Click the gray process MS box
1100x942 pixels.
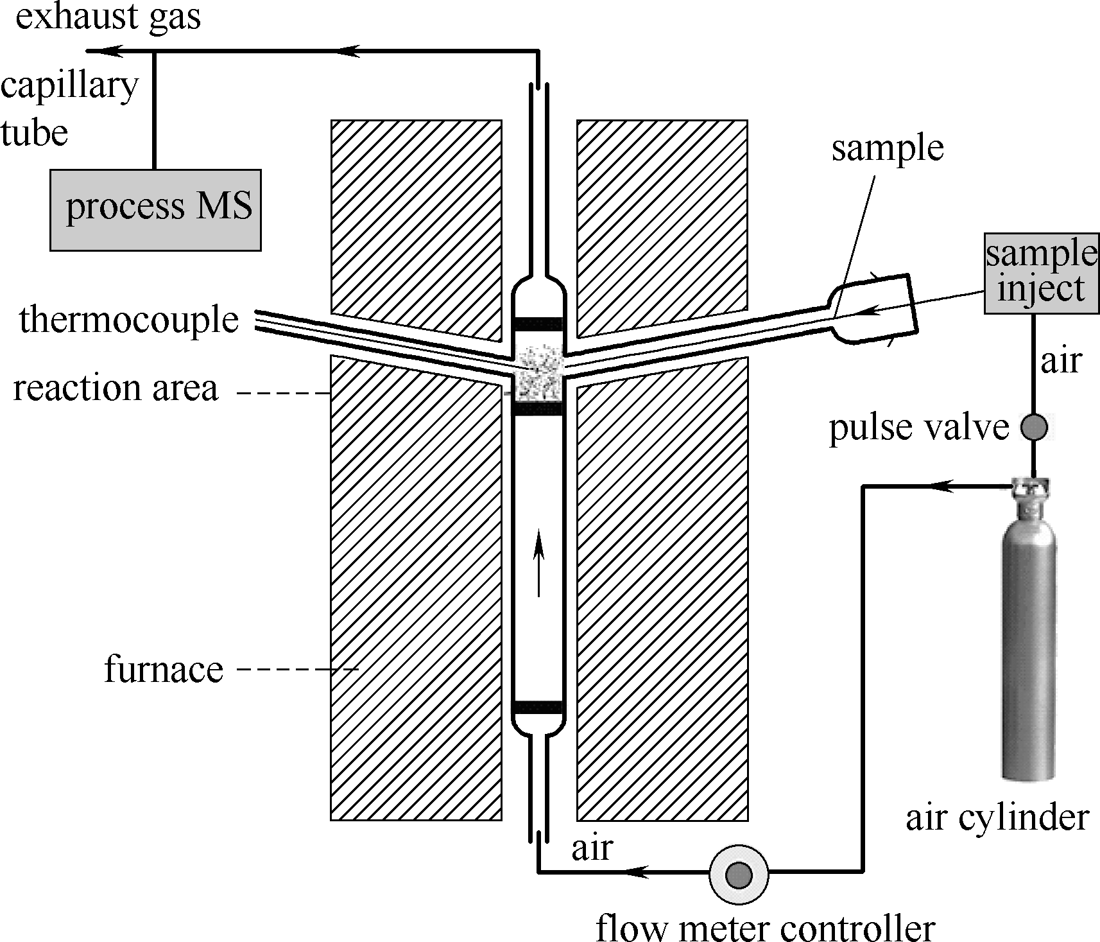[156, 209]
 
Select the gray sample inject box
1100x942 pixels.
[1041, 273]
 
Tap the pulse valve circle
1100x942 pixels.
[1033, 427]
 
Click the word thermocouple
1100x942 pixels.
[129, 320]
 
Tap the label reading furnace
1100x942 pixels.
[164, 670]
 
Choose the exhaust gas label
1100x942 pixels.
[108, 17]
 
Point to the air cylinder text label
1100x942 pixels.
[997, 818]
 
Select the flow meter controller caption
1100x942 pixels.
[765, 925]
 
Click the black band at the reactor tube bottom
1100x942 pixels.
[538, 708]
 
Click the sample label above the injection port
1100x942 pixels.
[888, 149]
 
